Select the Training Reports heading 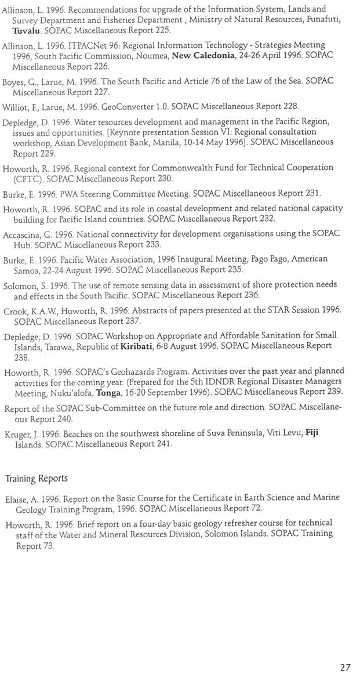click(36, 479)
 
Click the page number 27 click(345, 667)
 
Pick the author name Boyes click(15, 82)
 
